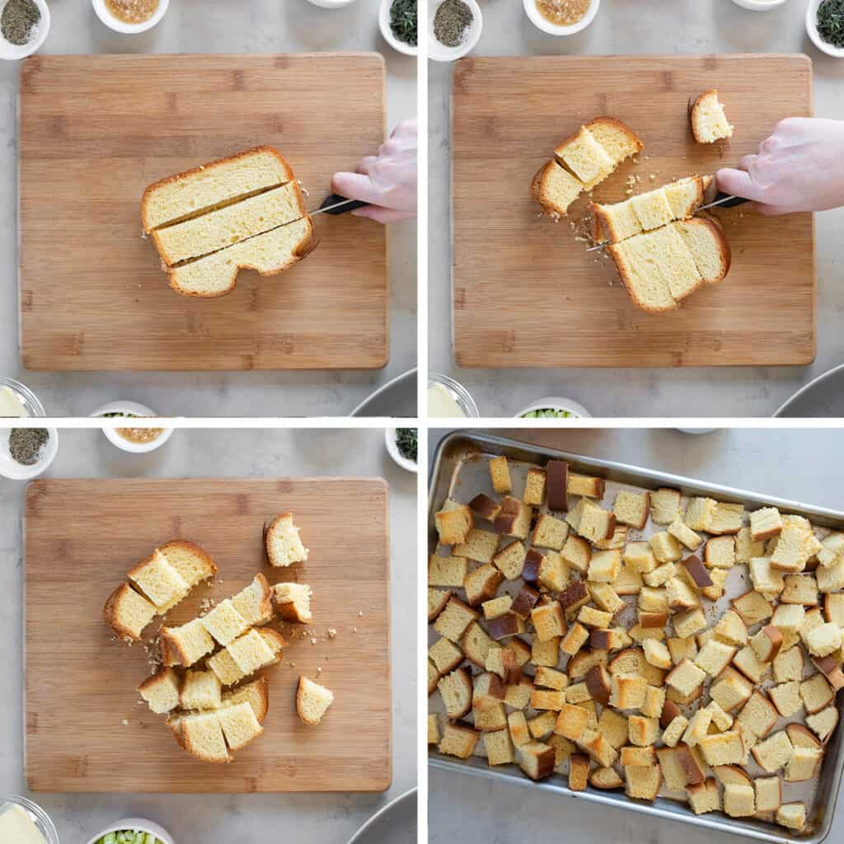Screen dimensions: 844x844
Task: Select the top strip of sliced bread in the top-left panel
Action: tap(216, 185)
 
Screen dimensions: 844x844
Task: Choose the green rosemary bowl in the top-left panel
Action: tap(401, 21)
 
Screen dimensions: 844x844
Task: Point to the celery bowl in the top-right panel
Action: tap(551, 410)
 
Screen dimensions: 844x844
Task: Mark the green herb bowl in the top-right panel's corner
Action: tap(828, 23)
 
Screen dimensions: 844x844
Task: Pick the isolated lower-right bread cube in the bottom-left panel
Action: tap(314, 700)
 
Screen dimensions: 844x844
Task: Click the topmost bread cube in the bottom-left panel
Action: tap(284, 541)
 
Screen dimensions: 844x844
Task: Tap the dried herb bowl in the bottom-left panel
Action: tap(28, 449)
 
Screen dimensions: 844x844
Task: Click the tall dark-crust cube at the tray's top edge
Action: tap(557, 485)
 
